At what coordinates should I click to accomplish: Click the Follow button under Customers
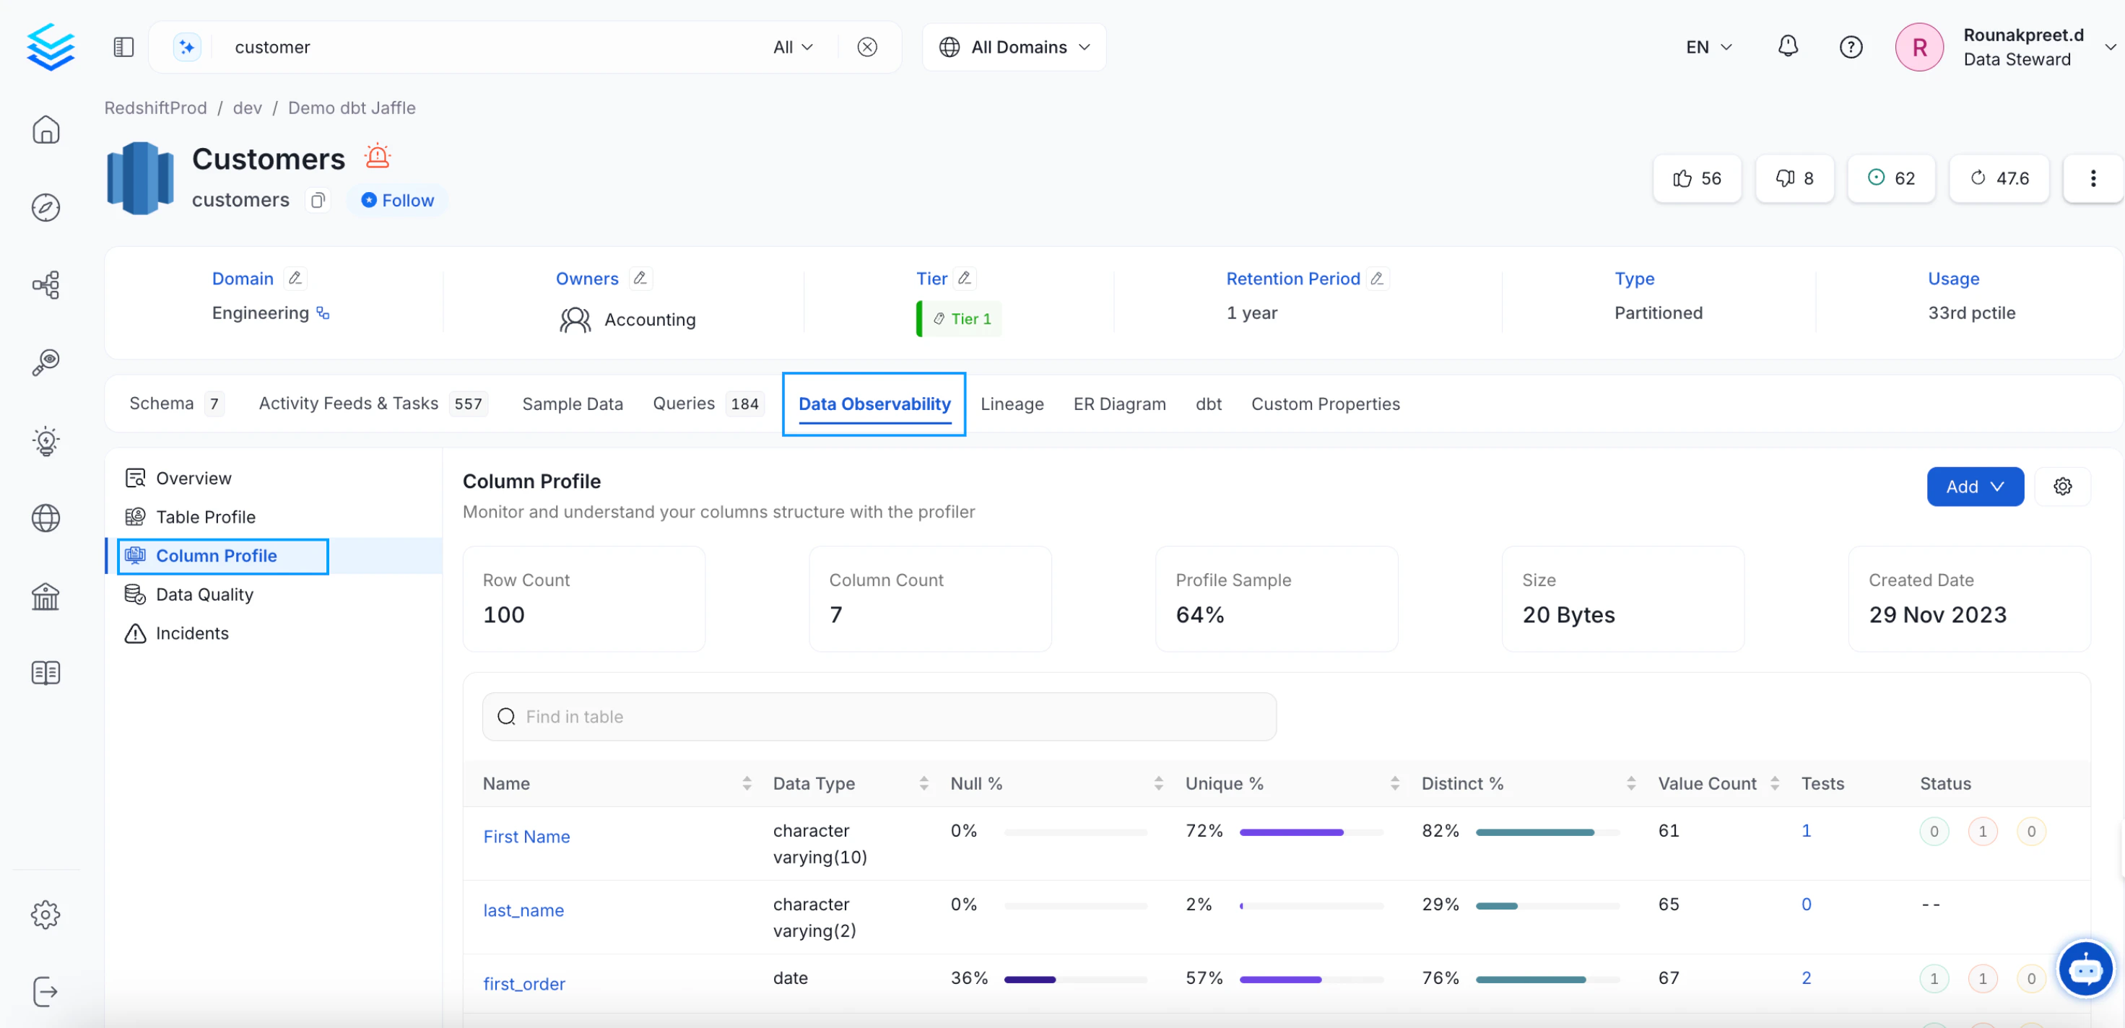point(398,201)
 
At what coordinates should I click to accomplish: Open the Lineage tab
point(1012,404)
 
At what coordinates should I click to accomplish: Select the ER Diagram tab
point(1119,404)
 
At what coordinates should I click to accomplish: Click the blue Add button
point(1974,487)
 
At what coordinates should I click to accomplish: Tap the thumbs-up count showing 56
point(1697,178)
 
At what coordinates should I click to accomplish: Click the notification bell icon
point(1787,46)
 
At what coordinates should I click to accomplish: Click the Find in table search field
point(879,716)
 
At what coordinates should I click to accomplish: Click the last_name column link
point(523,910)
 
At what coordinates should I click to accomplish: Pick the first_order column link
point(523,983)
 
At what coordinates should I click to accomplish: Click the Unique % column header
point(1224,783)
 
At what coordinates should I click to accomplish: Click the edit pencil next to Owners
point(639,278)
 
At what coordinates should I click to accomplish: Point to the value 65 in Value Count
point(1668,905)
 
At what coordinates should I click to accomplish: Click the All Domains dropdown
point(1014,47)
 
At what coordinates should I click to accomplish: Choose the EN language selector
point(1708,47)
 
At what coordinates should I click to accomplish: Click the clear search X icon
point(866,47)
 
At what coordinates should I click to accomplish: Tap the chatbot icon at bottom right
point(2085,970)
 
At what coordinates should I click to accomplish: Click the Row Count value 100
point(503,614)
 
